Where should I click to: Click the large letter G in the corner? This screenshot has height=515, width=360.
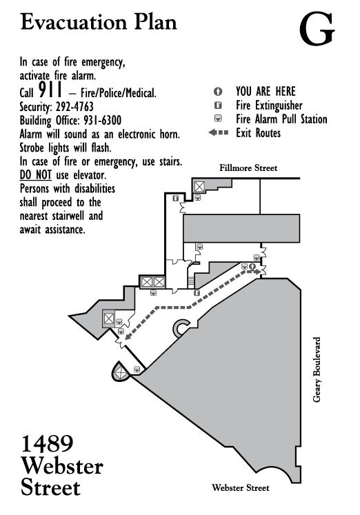coord(317,29)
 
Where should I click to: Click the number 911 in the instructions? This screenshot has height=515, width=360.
coord(50,90)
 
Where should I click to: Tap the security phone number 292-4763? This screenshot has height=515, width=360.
coord(74,107)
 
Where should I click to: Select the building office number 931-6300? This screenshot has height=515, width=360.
coord(103,120)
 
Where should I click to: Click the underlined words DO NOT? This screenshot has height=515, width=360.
coord(35,175)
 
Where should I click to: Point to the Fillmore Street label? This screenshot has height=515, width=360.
coord(248,168)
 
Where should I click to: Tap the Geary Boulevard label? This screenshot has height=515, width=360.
coord(317,369)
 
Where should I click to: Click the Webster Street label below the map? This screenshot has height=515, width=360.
coord(241,487)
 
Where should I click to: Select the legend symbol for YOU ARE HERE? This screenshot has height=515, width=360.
coord(218,91)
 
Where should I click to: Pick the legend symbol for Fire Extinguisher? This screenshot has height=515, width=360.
coord(218,105)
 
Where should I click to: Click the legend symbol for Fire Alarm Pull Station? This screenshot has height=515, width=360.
coord(218,119)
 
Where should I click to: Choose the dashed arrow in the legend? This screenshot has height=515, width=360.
coord(219,132)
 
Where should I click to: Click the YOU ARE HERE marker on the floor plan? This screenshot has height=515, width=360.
coord(252,266)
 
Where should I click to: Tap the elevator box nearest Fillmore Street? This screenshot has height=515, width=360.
coord(199,187)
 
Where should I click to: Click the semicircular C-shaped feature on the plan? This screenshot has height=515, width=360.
coord(180,328)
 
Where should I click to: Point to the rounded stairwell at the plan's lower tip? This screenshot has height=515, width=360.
coord(120,372)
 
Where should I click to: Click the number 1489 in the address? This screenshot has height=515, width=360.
coord(48,444)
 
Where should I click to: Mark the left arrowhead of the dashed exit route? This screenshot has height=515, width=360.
coord(128,336)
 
